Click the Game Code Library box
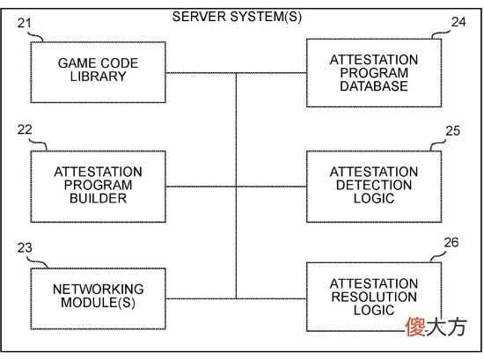coord(99,72)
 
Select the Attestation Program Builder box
coord(99,187)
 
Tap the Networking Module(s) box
coord(99,298)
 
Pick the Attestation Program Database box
coord(374,73)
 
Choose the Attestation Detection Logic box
coord(374,187)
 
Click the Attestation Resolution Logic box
coord(374,297)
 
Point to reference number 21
coord(25,23)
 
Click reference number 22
coord(25,129)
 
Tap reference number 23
coord(25,247)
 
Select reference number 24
coord(458,22)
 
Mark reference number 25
coord(453,131)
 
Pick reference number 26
coord(451,242)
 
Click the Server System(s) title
coord(237,17)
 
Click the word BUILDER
coord(99,199)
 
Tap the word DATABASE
coord(374,86)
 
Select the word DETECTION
coord(374,185)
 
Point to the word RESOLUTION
coord(374,297)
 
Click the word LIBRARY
coord(99,77)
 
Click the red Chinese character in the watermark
coord(415,327)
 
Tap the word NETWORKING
coord(99,290)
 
